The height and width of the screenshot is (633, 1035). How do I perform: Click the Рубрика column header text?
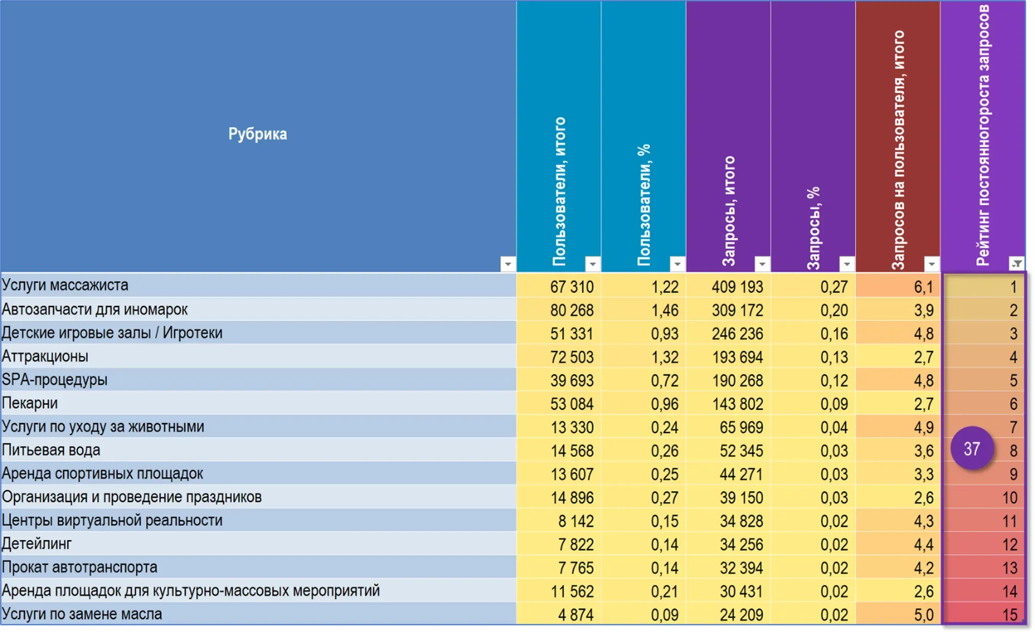pyautogui.click(x=257, y=134)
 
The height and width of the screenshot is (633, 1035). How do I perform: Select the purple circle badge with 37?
pyautogui.click(x=972, y=448)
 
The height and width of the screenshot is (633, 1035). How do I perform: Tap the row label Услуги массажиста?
pyautogui.click(x=65, y=285)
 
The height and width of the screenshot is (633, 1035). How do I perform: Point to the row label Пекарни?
pyautogui.click(x=30, y=403)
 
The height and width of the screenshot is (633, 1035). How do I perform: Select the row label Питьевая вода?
pyautogui.click(x=51, y=450)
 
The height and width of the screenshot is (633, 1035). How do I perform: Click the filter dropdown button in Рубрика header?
pyautogui.click(x=508, y=263)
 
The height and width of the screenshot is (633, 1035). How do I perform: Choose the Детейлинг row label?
pyautogui.click(x=37, y=543)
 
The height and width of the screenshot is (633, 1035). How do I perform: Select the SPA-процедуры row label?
pyautogui.click(x=55, y=380)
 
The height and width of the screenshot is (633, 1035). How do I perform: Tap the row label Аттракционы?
pyautogui.click(x=45, y=356)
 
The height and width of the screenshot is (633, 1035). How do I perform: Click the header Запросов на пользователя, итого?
pyautogui.click(x=898, y=150)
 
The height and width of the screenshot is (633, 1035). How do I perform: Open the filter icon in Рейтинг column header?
pyautogui.click(x=1016, y=263)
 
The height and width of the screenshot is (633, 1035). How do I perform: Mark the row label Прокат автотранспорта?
pyautogui.click(x=80, y=567)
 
